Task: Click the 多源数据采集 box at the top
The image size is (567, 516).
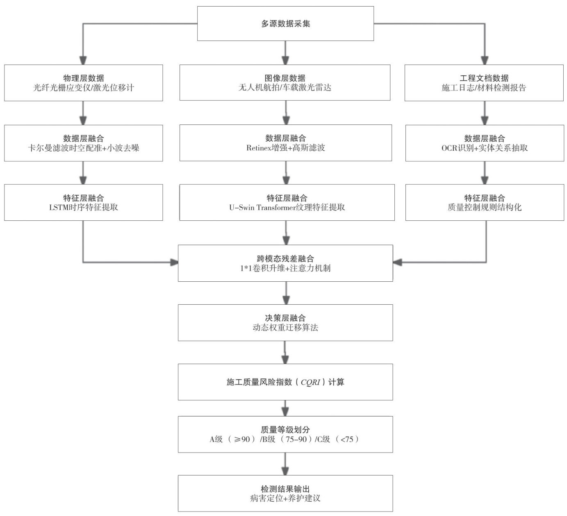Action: click(285, 23)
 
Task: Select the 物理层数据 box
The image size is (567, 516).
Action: click(83, 83)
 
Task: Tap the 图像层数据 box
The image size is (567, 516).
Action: click(285, 83)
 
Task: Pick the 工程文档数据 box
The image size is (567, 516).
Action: click(484, 83)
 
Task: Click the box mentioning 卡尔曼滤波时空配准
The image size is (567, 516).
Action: click(83, 143)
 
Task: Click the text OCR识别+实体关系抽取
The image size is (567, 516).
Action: click(484, 148)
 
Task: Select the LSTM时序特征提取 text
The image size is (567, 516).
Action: click(83, 207)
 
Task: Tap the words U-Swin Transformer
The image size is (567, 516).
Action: click(262, 208)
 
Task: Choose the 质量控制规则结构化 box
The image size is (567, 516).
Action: click(484, 202)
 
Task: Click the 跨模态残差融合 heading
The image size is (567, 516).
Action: click(285, 258)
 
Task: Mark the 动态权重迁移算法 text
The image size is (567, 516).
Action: click(285, 328)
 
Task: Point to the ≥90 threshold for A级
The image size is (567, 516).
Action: click(241, 439)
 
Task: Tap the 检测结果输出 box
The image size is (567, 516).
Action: click(285, 493)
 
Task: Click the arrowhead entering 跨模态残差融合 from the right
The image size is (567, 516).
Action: click(397, 262)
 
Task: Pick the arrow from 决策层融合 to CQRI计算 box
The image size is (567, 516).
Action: click(285, 352)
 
